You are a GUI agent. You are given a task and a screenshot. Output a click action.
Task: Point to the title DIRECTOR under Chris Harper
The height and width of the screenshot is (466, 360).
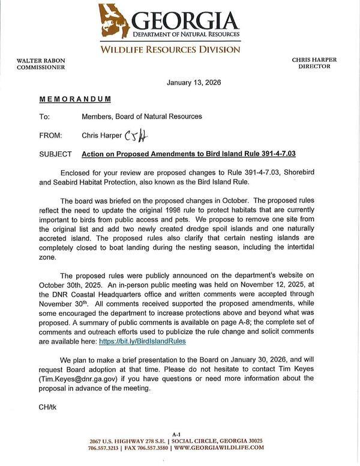[314, 66]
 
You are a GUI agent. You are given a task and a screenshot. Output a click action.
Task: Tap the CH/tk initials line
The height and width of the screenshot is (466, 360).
[47, 407]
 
